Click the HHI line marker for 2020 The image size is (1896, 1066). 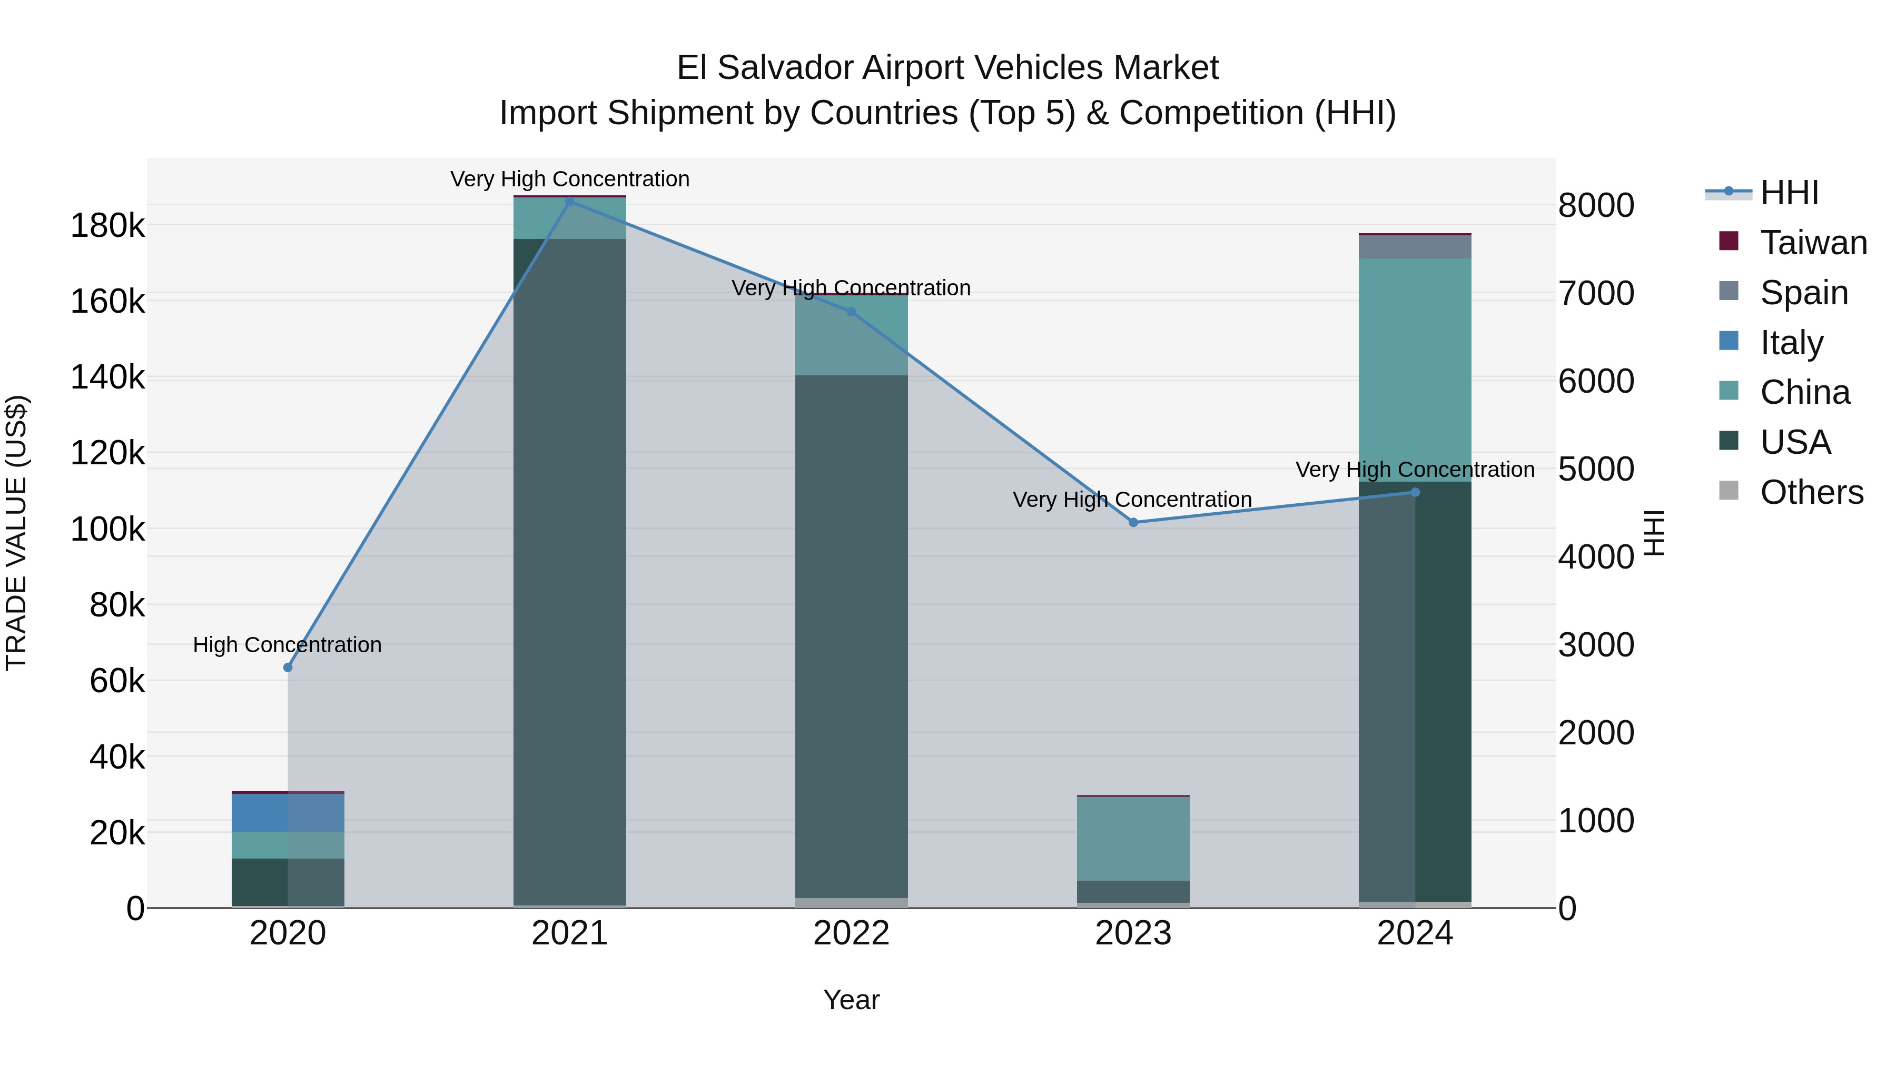pos(288,668)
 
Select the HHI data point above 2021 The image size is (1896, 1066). pos(570,202)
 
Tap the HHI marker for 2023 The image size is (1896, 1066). pos(1133,522)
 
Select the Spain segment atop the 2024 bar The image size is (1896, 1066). pos(1415,247)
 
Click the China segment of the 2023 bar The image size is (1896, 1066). pos(1133,839)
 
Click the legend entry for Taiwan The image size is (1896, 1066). pos(1813,243)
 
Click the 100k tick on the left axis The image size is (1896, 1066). pos(107,529)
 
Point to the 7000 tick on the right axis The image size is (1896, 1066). pos(1596,293)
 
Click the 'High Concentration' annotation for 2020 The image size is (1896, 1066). pos(287,644)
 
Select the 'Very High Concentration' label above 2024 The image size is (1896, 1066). pos(1415,470)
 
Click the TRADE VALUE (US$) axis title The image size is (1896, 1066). pos(16,533)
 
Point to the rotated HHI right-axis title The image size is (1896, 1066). pos(1654,533)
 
